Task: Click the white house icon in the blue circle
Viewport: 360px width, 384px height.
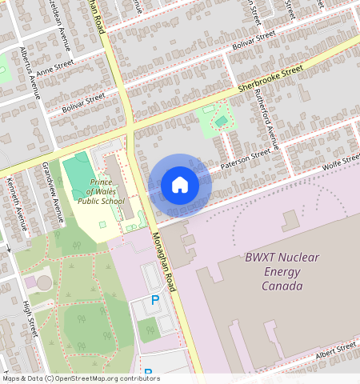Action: (x=180, y=186)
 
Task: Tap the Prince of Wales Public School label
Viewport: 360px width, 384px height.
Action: (x=102, y=191)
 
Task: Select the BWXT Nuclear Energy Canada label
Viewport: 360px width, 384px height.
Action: (x=274, y=272)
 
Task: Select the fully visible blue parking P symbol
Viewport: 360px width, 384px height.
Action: (x=155, y=300)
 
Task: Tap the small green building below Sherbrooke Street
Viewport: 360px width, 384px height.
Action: (x=221, y=122)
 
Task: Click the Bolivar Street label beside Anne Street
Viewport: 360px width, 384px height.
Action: (x=83, y=102)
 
